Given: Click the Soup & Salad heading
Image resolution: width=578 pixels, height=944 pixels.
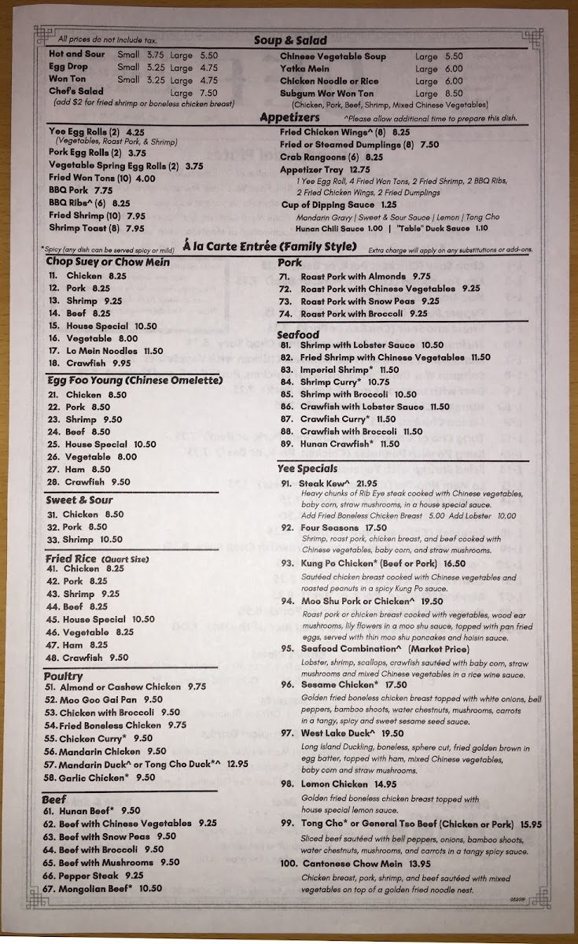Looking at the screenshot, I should pyautogui.click(x=290, y=40).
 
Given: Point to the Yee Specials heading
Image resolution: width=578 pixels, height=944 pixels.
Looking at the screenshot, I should pyautogui.click(x=307, y=468).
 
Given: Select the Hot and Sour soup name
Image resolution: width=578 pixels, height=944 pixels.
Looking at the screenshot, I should pyautogui.click(x=76, y=54).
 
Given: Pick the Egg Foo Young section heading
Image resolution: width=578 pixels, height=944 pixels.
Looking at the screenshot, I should pyautogui.click(x=134, y=381).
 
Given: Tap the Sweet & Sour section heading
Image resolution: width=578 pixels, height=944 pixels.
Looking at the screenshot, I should pyautogui.click(x=79, y=500).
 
